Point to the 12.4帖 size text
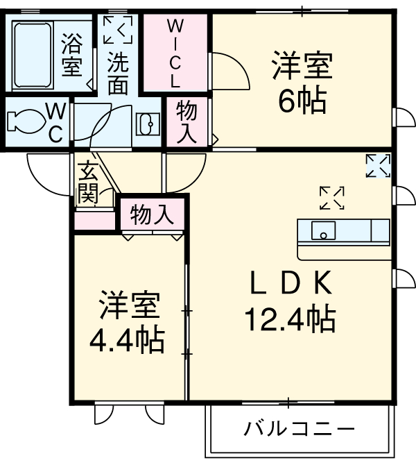(290, 319)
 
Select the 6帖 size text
(302, 102)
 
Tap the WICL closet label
(176, 53)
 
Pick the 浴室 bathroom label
(71, 56)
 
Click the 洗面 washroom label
(118, 74)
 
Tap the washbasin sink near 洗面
(148, 124)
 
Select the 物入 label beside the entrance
(152, 214)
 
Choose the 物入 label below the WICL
(186, 121)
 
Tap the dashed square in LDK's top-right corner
(379, 166)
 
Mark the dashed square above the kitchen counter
(332, 198)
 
